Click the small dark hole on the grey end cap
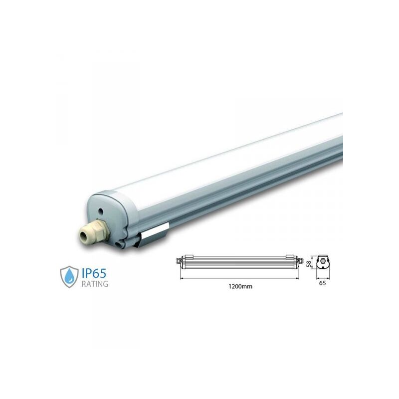click(101, 211)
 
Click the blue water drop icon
click(69, 277)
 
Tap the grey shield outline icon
click(69, 277)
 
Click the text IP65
click(94, 273)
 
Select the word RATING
click(95, 284)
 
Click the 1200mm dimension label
click(240, 286)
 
